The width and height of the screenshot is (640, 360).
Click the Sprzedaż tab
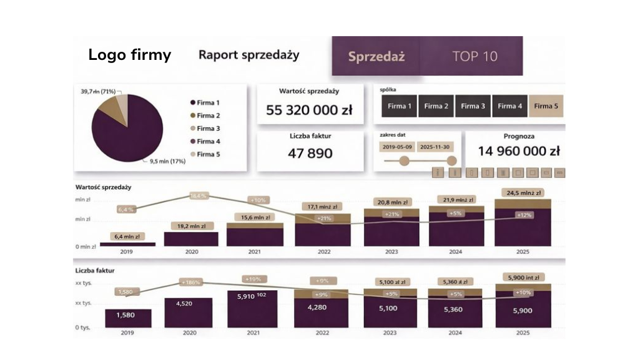376,56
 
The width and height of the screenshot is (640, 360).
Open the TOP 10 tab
475,56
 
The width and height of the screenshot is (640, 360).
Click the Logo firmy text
129,55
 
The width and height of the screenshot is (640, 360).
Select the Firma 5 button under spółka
546,106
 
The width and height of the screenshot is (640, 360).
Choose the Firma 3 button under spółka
473,106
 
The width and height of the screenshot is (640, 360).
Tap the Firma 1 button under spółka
399,106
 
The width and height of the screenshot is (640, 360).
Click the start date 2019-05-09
396,147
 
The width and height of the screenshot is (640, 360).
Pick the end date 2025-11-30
435,147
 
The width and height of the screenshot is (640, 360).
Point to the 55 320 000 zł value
309,110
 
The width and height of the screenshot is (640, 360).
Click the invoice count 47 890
310,153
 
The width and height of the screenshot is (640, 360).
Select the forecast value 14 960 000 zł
518,151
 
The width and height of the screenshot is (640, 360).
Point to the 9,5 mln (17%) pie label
167,161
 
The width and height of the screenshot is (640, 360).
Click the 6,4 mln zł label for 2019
127,236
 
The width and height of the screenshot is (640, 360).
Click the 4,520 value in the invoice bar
189,304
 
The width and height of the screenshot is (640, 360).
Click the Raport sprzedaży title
249,55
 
